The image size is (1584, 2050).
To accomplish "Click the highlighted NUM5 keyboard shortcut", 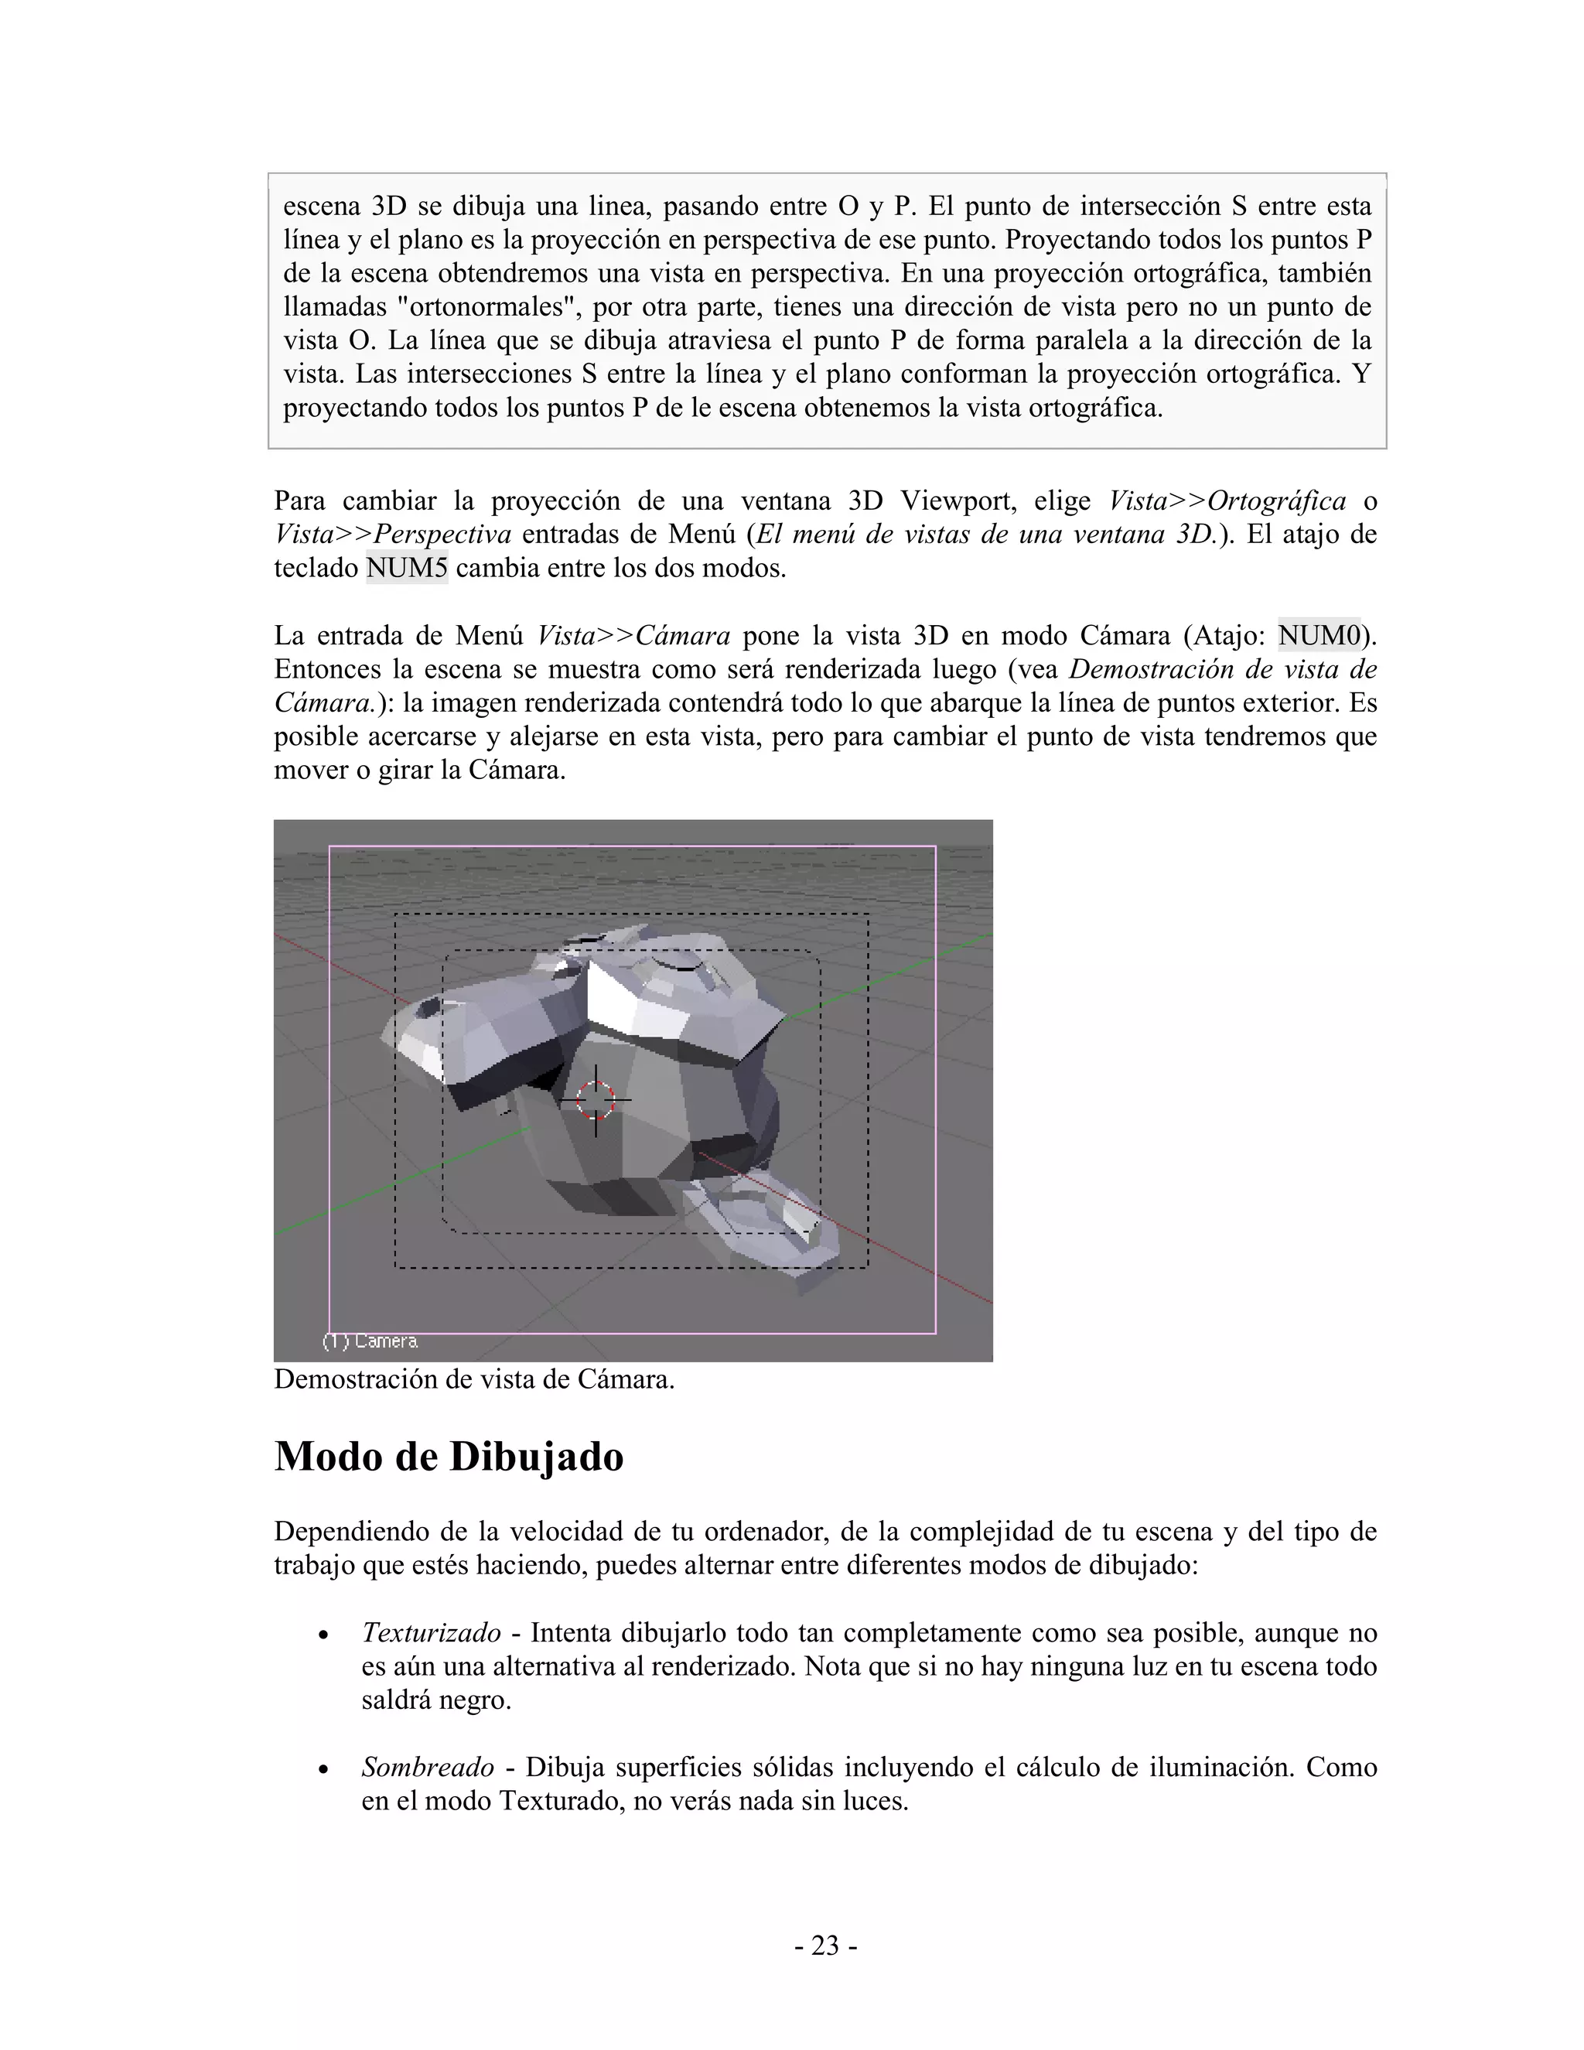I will coord(406,569).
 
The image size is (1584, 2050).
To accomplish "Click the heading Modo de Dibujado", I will coord(449,1457).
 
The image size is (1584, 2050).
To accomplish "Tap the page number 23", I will coord(824,1946).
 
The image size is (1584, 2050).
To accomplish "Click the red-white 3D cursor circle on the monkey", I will coord(595,1099).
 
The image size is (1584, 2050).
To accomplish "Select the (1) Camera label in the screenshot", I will coord(370,1341).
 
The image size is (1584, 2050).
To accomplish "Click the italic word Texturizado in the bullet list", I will coord(431,1633).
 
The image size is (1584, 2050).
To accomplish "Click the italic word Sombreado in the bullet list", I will coord(427,1768).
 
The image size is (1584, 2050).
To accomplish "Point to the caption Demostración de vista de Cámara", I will coord(474,1380).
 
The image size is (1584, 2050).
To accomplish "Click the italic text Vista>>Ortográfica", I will coord(1227,501).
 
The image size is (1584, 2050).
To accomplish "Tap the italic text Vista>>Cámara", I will coord(633,637).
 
